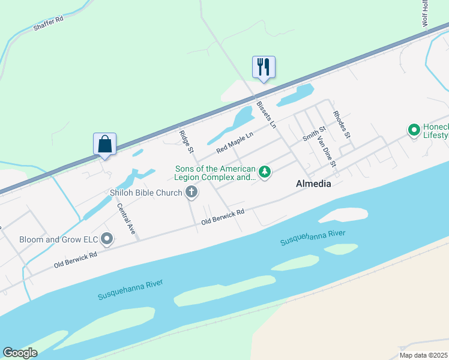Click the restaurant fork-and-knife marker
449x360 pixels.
point(264,67)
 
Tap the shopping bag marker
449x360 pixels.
point(104,144)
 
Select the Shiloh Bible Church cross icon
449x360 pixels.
point(191,192)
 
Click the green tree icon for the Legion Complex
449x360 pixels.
point(264,173)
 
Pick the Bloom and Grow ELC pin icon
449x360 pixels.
point(107,239)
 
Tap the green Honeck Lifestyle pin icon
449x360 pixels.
point(414,130)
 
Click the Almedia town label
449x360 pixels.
point(313,184)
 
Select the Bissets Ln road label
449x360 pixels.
point(265,115)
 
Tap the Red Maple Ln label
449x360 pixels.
point(235,142)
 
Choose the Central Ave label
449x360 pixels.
point(126,219)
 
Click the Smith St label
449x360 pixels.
point(313,133)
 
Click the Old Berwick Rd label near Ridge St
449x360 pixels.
point(223,217)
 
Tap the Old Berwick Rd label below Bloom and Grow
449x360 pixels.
point(76,259)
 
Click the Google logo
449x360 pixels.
point(20,352)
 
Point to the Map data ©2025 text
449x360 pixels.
point(423,355)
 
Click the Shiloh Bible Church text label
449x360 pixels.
point(145,193)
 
